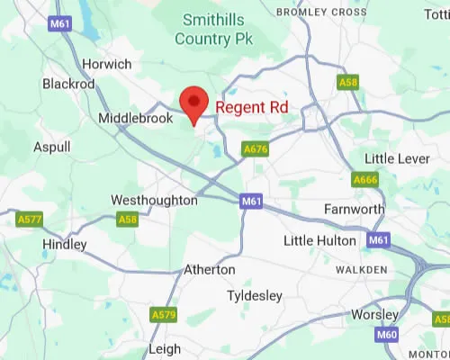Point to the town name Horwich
106,64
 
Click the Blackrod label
67,83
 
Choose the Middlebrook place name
135,118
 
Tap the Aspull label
51,146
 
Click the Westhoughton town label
154,200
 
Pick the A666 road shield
364,180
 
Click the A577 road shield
29,219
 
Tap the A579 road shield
163,314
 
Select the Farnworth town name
354,210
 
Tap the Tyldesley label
255,295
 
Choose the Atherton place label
209,269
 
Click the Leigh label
164,348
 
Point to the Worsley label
375,314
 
